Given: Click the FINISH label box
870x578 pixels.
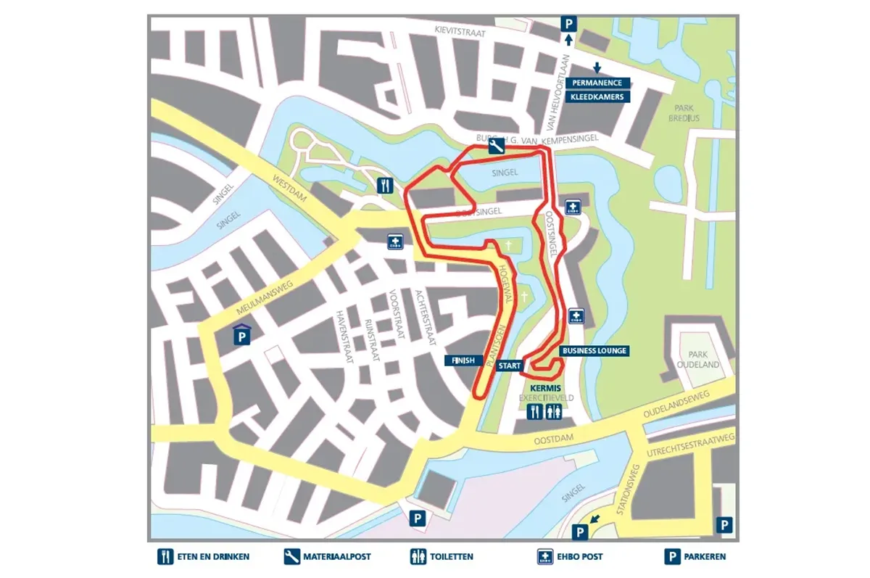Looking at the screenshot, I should point(462,360).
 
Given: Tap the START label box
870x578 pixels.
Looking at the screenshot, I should point(510,366).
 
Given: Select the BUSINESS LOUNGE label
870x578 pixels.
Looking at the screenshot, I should point(594,351).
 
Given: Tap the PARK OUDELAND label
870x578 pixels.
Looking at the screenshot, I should point(697,360).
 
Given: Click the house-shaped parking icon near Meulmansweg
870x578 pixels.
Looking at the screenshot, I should point(241,335).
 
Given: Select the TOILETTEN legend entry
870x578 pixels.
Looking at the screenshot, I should point(442,557).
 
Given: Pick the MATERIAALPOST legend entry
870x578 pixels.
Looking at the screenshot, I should point(328,557).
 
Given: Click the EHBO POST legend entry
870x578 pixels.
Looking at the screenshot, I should point(570,557).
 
